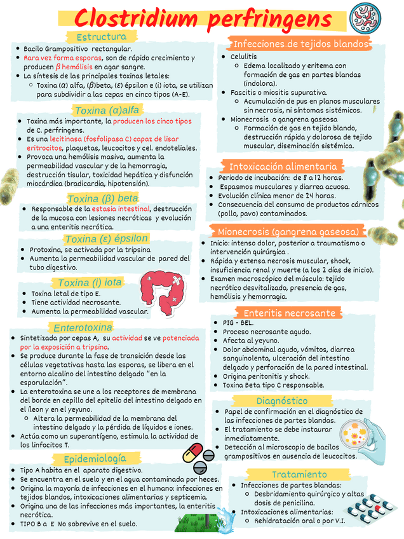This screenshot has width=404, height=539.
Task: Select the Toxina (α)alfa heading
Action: tap(107, 110)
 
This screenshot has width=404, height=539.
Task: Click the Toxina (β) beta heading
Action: tap(102, 198)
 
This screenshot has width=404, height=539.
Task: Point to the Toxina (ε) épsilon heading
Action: tap(106, 239)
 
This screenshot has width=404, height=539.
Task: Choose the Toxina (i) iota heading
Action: tap(90, 282)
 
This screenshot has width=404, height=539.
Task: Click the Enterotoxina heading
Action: tap(83, 327)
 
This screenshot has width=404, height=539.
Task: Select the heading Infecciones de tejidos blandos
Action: tap(301, 44)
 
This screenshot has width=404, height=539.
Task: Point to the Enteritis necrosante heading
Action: tap(289, 313)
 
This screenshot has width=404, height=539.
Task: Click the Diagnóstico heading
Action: tap(282, 401)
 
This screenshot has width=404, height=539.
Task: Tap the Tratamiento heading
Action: tap(299, 475)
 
